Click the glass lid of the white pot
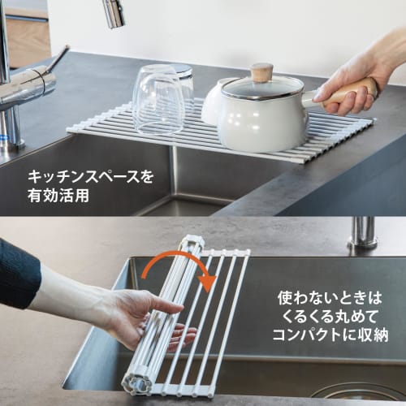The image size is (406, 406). [261, 87]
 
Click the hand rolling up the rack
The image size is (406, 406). [146, 317]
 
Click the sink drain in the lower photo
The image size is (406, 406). [357, 391]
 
